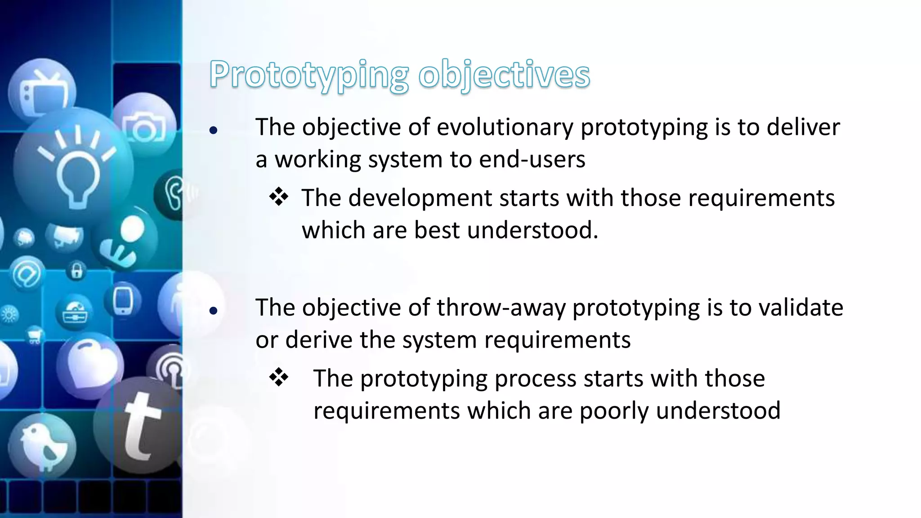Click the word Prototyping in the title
(x=308, y=75)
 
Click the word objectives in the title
(x=504, y=75)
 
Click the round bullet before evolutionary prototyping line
(x=214, y=131)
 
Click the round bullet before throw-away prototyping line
(x=214, y=311)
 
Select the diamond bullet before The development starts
(x=279, y=198)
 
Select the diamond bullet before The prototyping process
(x=279, y=378)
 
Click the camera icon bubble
(x=144, y=126)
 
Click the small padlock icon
(x=77, y=271)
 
